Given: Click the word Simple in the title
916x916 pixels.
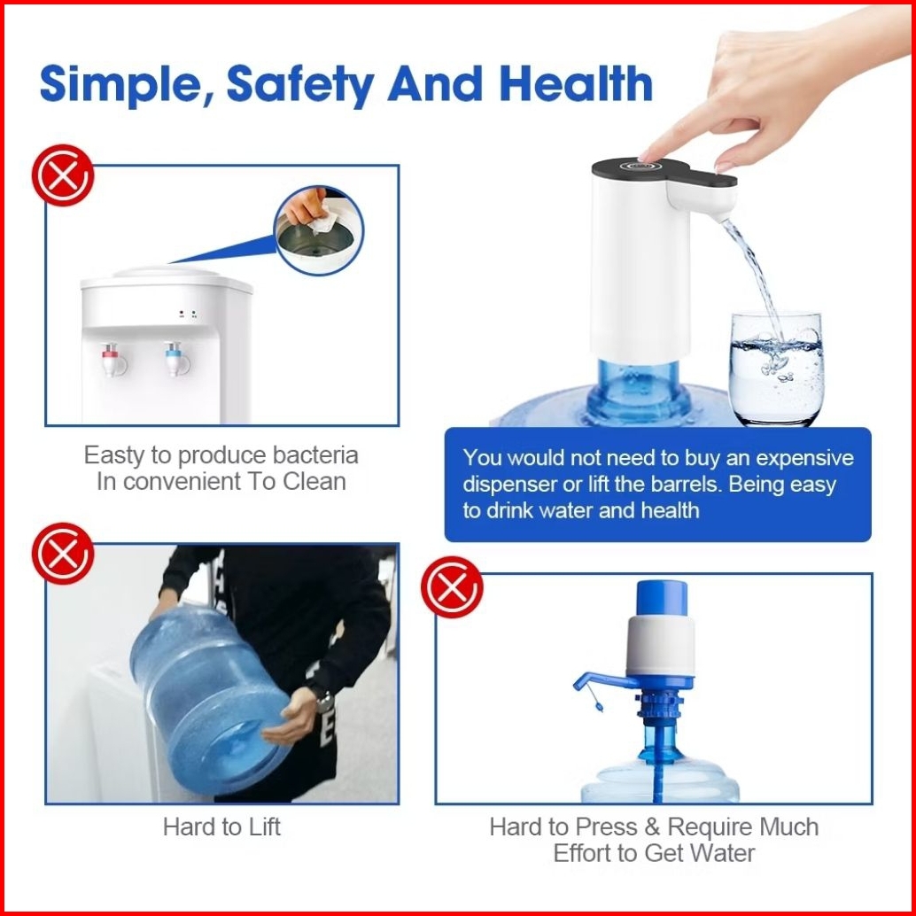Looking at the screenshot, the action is [120, 84].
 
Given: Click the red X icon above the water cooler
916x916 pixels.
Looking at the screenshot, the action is [63, 175].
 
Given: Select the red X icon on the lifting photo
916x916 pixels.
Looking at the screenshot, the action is [63, 553].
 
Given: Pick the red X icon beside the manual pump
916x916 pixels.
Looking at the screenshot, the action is [452, 587].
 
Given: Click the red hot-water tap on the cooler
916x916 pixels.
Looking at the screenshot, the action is [113, 359].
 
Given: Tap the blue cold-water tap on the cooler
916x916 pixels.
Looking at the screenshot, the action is [175, 359].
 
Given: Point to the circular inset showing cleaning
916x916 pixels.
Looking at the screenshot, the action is [318, 230].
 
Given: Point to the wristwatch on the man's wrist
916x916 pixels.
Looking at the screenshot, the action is [324, 701].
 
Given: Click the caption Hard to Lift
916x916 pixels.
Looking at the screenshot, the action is [221, 827].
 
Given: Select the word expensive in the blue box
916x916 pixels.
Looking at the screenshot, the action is [804, 459].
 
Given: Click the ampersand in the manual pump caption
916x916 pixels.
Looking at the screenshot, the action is [653, 827].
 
